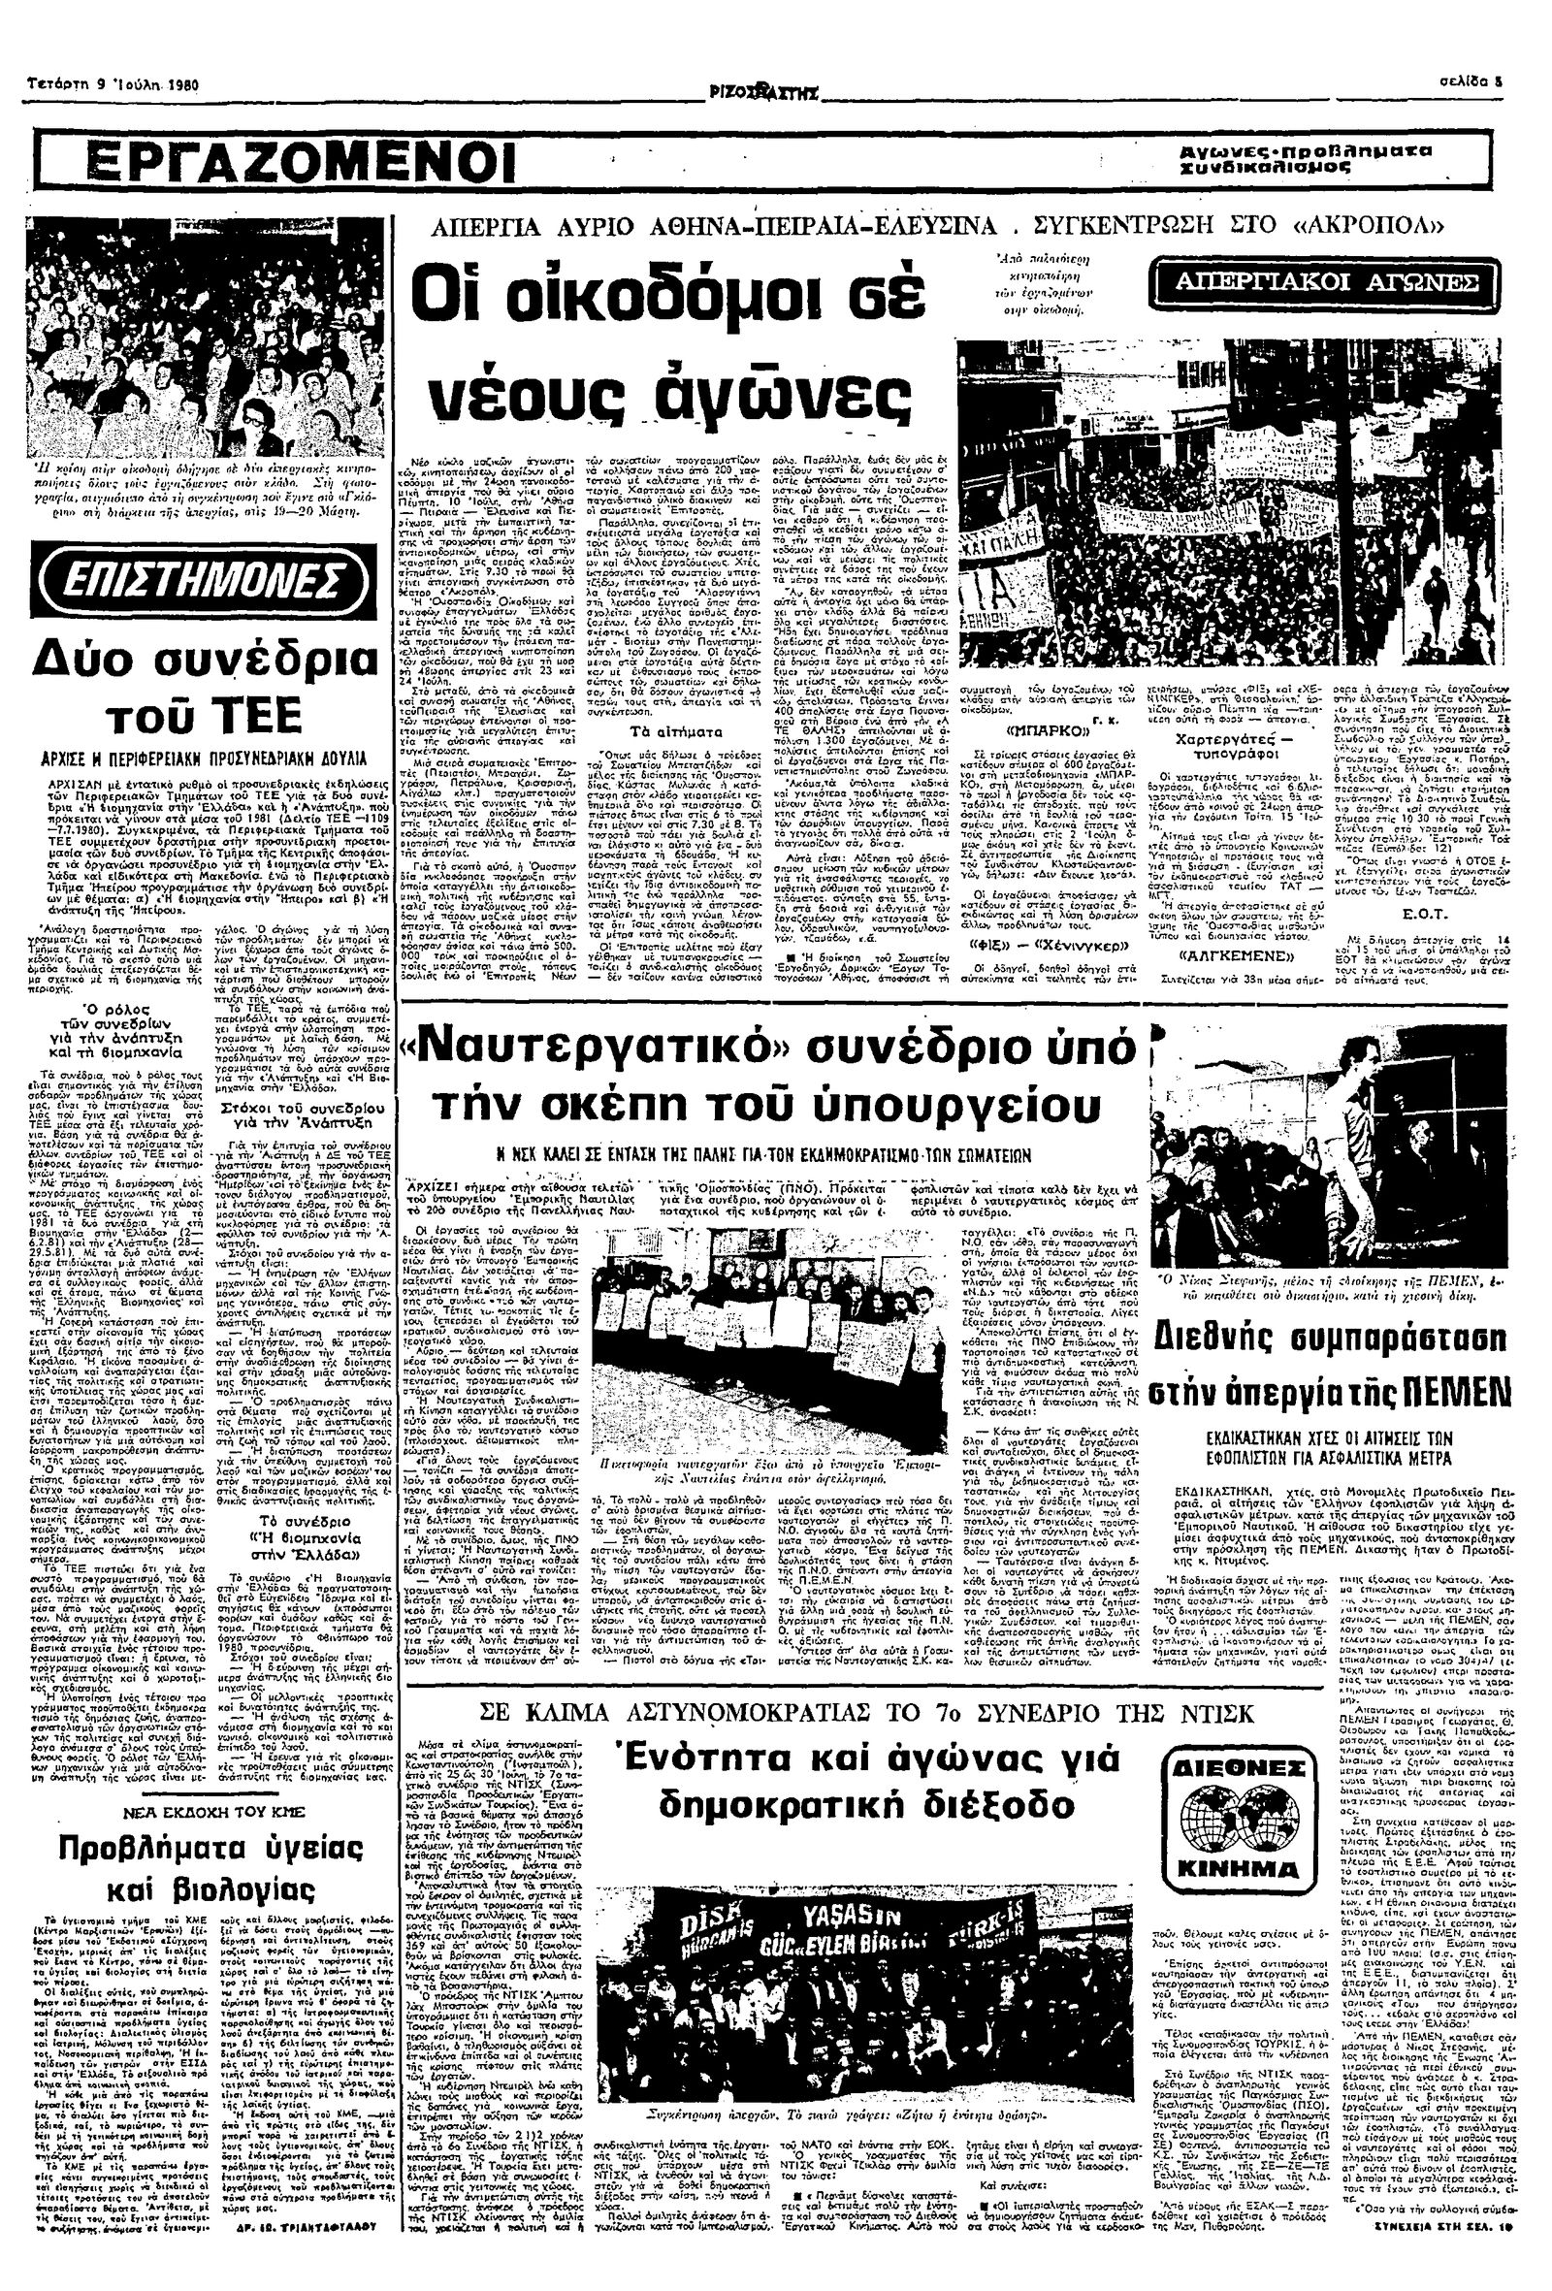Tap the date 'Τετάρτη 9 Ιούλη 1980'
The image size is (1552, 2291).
pos(115,85)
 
